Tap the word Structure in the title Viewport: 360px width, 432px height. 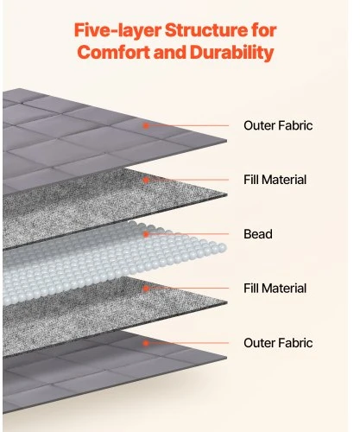(x=206, y=30)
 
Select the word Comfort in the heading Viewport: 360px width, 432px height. (x=114, y=52)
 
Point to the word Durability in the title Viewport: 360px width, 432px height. (x=232, y=53)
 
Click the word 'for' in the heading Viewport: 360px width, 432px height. (x=264, y=30)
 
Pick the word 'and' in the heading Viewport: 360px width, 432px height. (x=170, y=52)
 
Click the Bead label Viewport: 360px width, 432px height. (x=258, y=234)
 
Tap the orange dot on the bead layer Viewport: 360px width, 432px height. (x=146, y=234)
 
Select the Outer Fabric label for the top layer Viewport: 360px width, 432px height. (x=278, y=125)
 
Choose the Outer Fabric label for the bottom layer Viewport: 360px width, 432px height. (x=278, y=343)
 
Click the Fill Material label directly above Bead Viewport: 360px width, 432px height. (x=275, y=180)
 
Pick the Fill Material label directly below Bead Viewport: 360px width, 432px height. (x=275, y=289)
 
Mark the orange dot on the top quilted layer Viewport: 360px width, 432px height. (x=146, y=125)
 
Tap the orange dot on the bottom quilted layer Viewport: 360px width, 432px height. (x=146, y=343)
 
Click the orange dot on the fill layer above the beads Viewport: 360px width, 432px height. (x=146, y=180)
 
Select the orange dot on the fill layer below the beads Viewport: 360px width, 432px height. (x=146, y=289)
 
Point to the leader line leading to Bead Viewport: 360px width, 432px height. (x=188, y=234)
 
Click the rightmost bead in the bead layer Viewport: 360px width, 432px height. (x=222, y=247)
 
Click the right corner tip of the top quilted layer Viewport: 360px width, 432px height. (x=226, y=141)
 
